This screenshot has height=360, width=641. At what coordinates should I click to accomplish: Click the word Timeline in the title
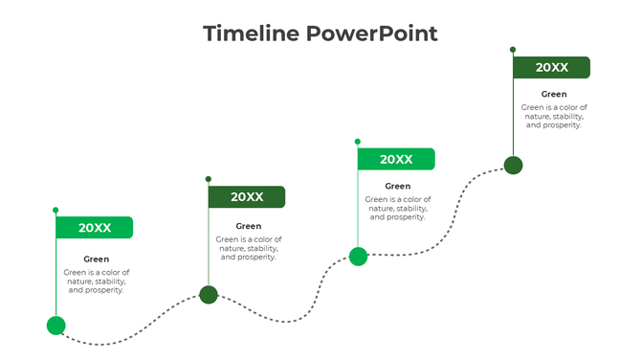point(251,34)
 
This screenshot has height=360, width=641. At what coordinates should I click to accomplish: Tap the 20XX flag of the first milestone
point(95,228)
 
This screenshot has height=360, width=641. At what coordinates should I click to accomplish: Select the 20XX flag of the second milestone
point(247,196)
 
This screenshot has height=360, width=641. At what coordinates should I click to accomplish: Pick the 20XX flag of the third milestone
point(396,159)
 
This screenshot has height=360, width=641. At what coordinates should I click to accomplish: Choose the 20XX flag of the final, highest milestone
point(551,67)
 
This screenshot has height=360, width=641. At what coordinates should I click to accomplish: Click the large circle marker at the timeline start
point(56,326)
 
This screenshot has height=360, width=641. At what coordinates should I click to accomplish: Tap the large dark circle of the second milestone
point(209,294)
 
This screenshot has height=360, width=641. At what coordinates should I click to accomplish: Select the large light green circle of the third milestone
point(358,256)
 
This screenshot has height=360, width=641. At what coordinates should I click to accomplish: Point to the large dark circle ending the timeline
point(514,166)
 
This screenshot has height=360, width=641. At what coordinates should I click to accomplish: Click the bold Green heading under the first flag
point(97,259)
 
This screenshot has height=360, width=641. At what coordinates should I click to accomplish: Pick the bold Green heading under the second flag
point(249,226)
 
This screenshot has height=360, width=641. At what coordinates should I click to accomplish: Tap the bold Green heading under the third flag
point(398,186)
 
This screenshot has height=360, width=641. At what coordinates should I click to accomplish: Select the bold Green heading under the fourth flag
point(554,94)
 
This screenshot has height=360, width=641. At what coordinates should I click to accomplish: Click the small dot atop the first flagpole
point(55,210)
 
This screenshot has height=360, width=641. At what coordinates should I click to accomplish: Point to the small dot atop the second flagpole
point(209,178)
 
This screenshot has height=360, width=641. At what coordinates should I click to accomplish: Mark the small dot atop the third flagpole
point(358,141)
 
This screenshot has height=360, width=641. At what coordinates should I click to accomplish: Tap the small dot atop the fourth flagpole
point(513,49)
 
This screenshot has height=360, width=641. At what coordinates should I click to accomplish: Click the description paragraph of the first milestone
point(97,281)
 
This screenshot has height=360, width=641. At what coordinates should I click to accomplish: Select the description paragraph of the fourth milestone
point(554,116)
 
